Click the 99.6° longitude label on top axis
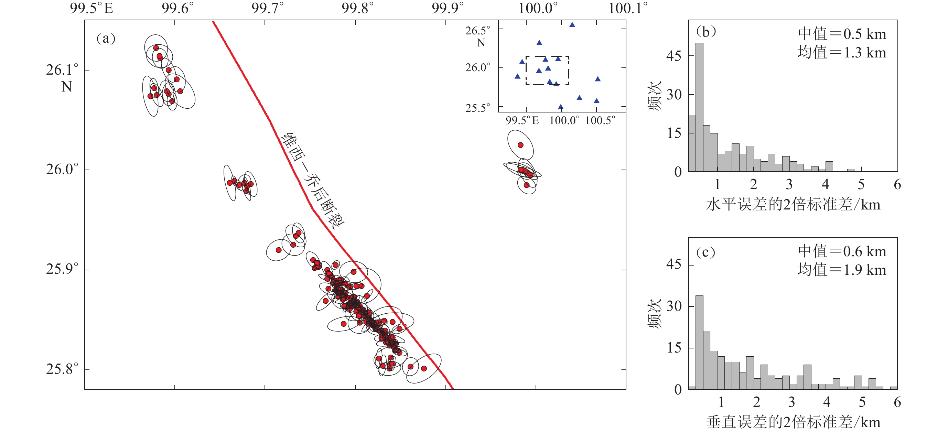coord(177,8)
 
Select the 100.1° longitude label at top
coord(627,8)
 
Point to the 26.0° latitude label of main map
coord(62,169)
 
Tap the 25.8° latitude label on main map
coord(62,369)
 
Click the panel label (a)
coord(106,38)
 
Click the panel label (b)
coord(706,32)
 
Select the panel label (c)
coord(705,252)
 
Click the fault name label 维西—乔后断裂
coord(313,180)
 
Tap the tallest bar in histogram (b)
coord(699,107)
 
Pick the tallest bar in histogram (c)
coord(699,342)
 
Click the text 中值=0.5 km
coord(842,34)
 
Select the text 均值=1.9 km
coord(842,270)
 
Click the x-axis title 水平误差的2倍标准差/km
coord(793,205)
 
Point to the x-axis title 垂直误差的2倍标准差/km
coord(793,422)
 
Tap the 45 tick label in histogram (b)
coord(674,56)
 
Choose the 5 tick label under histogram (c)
coord(862,402)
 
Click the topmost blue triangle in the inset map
coord(572,25)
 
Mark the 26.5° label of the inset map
coord(478,31)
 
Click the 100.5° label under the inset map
coord(600,120)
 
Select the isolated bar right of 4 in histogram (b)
coord(850,170)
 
